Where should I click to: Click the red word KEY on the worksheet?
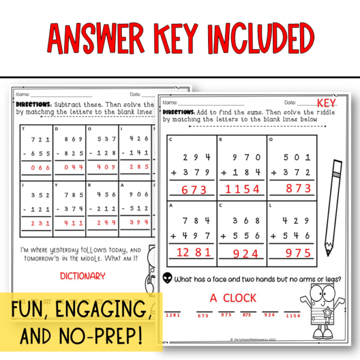pyautogui.click(x=328, y=103)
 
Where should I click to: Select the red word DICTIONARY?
pyautogui.click(x=83, y=276)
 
